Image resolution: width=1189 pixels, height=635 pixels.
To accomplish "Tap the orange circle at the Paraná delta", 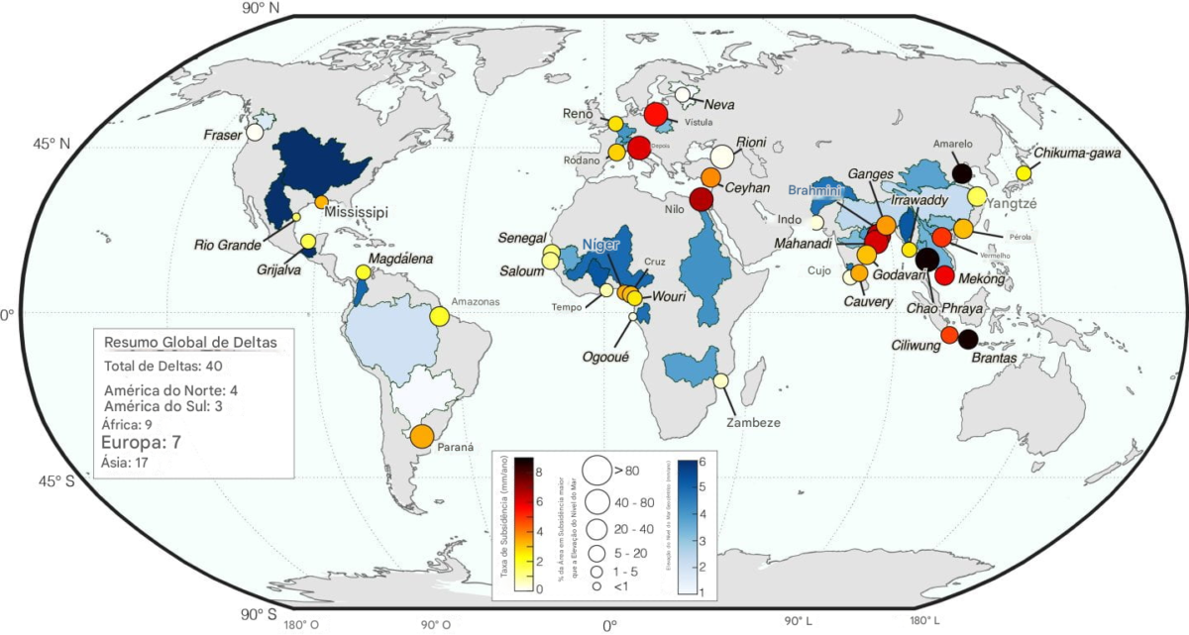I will [422, 436].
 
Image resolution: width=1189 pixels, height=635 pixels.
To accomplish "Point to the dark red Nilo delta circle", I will [702, 200].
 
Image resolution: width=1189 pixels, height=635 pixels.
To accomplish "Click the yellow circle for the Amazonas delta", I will [440, 317].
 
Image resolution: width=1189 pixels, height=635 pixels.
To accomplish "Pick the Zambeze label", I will [752, 422].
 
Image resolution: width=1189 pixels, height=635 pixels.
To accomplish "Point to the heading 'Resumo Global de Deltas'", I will [190, 342].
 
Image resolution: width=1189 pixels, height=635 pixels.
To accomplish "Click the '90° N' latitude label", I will [261, 8].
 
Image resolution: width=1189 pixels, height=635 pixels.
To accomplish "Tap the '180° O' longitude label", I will [301, 624].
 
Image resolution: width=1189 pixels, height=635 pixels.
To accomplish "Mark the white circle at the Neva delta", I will [683, 95].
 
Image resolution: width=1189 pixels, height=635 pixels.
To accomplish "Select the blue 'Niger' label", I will [600, 244].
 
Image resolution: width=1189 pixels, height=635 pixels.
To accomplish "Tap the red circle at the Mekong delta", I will [944, 276].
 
